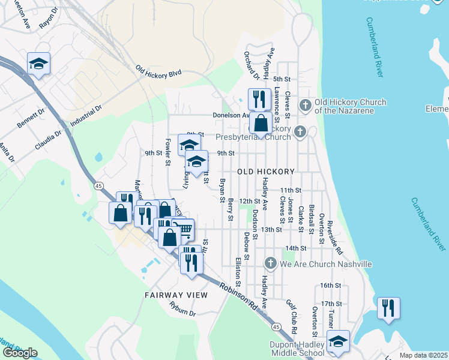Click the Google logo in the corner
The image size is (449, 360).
(x=20, y=353)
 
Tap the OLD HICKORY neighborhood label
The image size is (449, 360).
(x=266, y=172)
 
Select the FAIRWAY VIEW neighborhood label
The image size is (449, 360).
(x=176, y=295)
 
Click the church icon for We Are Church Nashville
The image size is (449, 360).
(x=270, y=263)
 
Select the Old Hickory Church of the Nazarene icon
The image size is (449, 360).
(x=305, y=106)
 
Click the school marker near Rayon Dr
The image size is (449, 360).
(x=39, y=64)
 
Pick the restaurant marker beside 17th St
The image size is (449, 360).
(x=388, y=308)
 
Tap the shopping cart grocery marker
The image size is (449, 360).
(x=184, y=229)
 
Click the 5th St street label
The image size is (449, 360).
(x=282, y=79)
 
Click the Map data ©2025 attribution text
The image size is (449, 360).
(x=424, y=355)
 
